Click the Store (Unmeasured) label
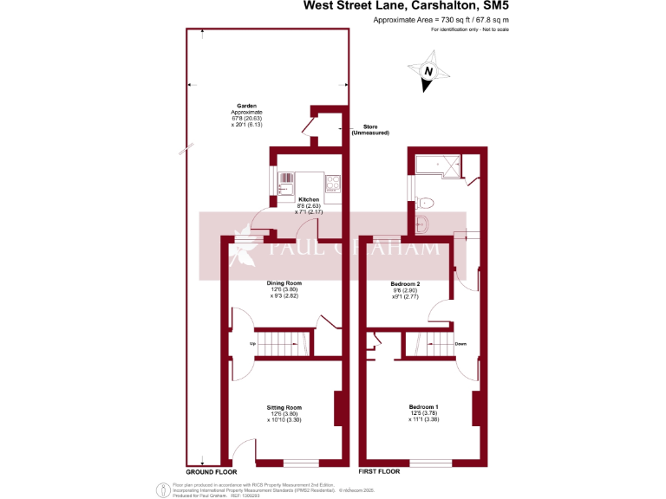coord(369,130)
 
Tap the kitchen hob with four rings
coord(332,183)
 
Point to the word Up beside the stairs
coord(252,344)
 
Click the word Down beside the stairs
coord(460,344)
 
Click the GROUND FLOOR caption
coord(213,471)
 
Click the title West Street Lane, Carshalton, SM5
coord(405,6)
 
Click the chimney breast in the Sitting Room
coord(337,409)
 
